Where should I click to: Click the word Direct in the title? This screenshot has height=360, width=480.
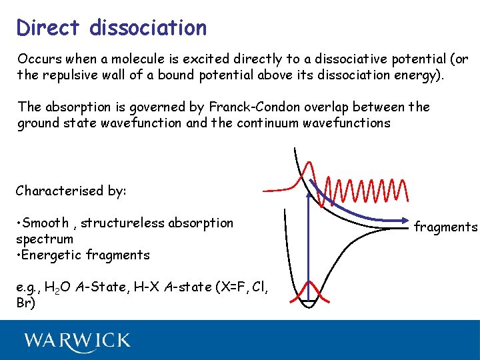(x=49, y=28)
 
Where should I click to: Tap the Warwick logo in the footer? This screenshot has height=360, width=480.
(x=77, y=341)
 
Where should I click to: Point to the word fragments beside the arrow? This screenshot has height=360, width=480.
(x=445, y=227)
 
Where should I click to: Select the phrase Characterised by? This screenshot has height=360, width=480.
(x=71, y=191)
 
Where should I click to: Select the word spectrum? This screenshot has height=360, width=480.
(x=45, y=239)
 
